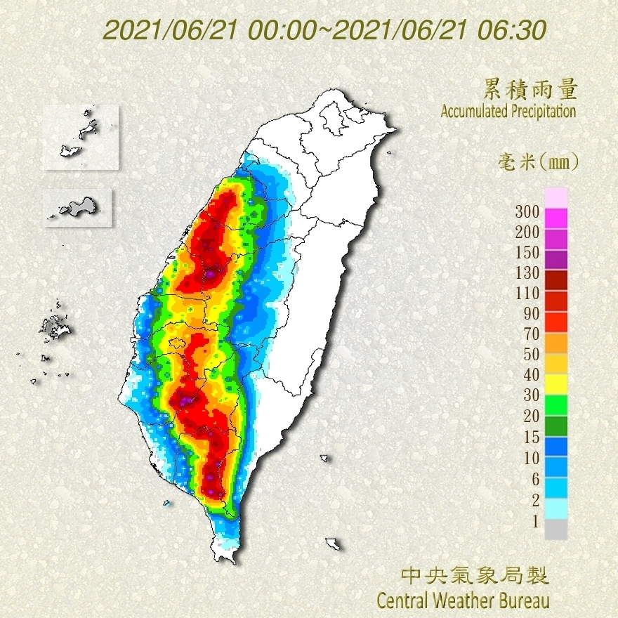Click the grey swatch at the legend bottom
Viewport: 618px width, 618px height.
555,530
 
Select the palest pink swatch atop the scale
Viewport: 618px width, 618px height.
555,197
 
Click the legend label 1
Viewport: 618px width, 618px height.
534,520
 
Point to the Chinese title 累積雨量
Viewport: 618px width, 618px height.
531,89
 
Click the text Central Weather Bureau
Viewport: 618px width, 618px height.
463,600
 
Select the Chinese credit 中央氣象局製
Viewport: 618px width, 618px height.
475,577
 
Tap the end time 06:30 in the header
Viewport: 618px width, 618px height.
513,30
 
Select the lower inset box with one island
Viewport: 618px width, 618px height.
77,207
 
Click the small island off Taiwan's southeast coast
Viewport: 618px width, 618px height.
334,544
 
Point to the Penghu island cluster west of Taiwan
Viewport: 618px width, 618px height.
53,327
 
